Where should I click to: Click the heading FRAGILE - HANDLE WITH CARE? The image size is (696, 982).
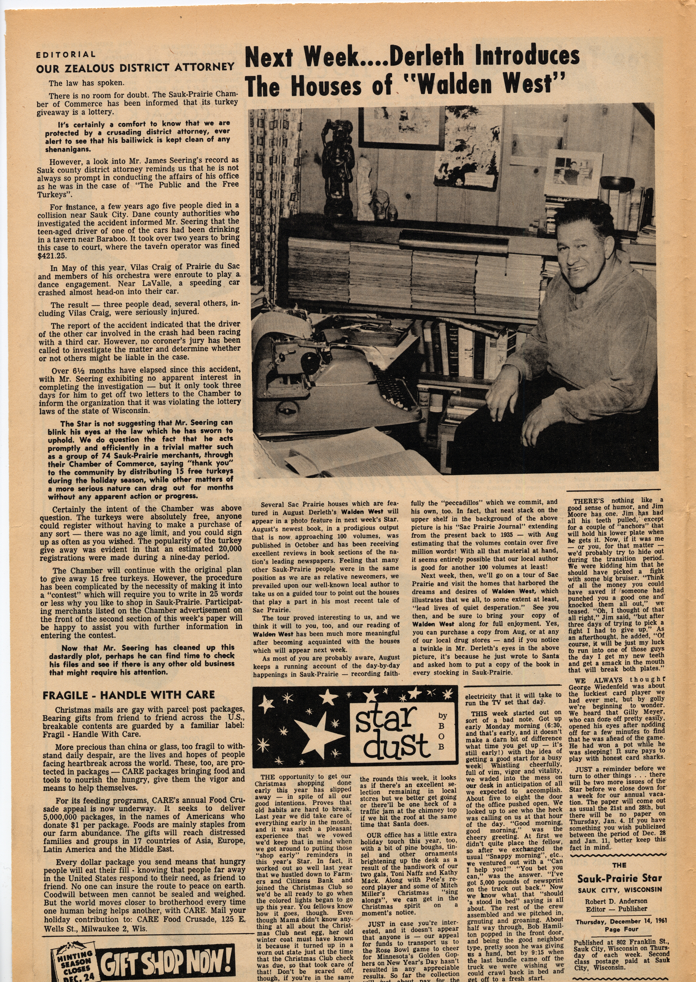[x=129, y=695]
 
